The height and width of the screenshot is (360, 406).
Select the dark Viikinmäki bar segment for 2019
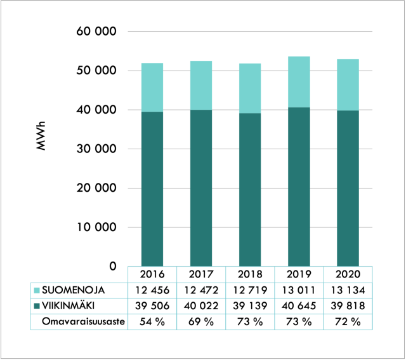coord(299,187)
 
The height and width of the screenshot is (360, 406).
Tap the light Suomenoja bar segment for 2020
coord(348,84)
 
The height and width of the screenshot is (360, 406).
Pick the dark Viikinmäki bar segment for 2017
coord(201,188)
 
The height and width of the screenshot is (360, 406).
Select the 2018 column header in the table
coord(250,274)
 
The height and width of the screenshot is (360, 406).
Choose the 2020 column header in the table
coord(348,274)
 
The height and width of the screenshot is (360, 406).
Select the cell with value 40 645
coord(299,305)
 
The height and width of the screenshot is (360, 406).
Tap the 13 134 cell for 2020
coord(348,290)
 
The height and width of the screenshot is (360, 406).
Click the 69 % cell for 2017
coord(201,321)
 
